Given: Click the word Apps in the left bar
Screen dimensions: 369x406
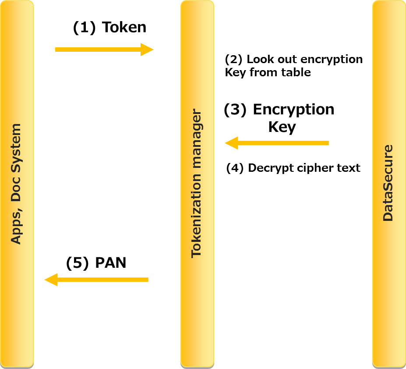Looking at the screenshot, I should pyautogui.click(x=16, y=230).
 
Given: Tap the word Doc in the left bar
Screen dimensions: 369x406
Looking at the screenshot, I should pyautogui.click(x=16, y=192).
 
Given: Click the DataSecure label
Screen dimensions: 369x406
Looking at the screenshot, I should pyautogui.click(x=388, y=183).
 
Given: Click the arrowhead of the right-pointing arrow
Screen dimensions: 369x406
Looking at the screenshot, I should pyautogui.click(x=147, y=50).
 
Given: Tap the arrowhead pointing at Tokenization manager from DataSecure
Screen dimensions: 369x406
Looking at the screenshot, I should pyautogui.click(x=231, y=143).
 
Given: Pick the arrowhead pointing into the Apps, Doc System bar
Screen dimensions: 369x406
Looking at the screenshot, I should pyautogui.click(x=51, y=280).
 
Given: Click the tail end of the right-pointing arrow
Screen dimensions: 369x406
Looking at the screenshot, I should pyautogui.click(x=56, y=50).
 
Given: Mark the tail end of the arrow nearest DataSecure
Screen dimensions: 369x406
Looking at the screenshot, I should pyautogui.click(x=327, y=143).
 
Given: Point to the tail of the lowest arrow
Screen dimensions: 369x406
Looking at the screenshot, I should pyautogui.click(x=147, y=280).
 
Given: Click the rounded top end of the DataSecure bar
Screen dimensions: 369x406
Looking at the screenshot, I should pyautogui.click(x=389, y=3).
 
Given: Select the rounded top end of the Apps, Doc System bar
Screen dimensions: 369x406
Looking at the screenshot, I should pyautogui.click(x=17, y=3).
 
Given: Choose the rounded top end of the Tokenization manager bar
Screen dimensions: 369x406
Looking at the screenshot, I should pyautogui.click(x=197, y=3).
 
